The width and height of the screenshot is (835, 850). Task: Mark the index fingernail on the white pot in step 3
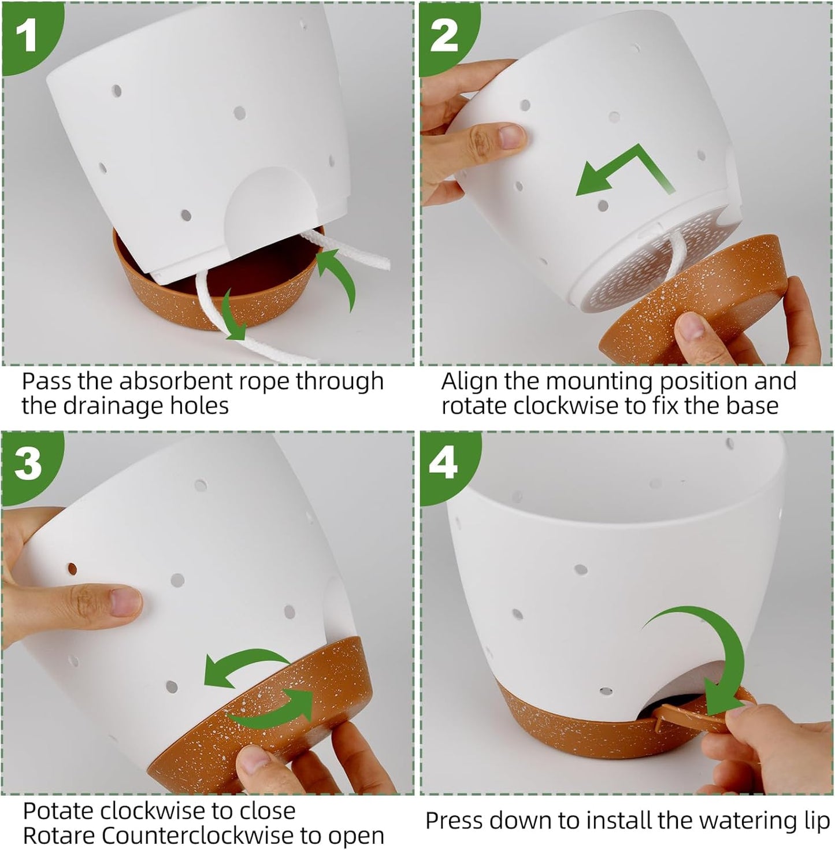(124, 601)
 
